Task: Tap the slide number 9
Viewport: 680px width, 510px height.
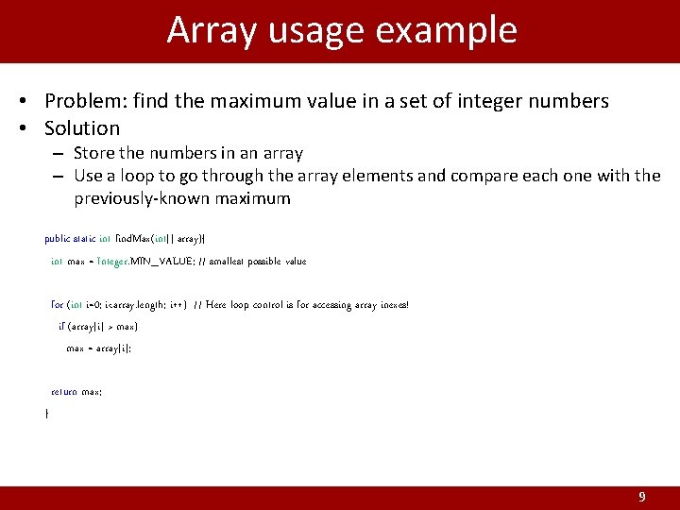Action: click(642, 497)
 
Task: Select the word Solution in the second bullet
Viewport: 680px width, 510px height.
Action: click(82, 128)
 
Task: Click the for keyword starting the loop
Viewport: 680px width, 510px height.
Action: click(57, 305)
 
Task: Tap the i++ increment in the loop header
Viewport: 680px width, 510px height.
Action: click(176, 305)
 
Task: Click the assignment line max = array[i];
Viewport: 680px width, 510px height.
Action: click(98, 348)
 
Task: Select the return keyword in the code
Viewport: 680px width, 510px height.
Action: click(64, 391)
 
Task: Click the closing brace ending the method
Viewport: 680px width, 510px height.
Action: click(47, 414)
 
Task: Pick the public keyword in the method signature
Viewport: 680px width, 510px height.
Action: click(57, 239)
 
